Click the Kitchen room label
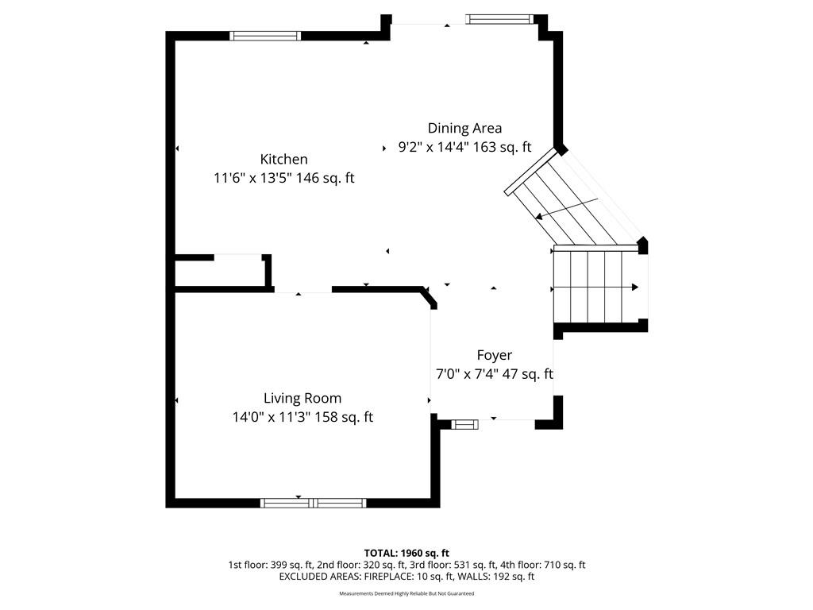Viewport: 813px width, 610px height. coord(283,159)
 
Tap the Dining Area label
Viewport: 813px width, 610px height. coord(464,128)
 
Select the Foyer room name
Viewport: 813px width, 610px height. coord(494,355)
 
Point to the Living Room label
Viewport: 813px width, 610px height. coord(302,399)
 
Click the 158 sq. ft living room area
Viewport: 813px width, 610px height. coord(344,417)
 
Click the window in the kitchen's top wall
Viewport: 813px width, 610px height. coord(265,36)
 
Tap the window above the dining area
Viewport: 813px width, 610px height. coord(500,19)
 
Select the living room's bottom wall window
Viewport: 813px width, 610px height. coord(313,503)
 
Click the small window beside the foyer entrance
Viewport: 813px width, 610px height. coord(464,425)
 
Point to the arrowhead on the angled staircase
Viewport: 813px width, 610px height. coord(540,216)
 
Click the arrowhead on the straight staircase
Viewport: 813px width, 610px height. coord(635,287)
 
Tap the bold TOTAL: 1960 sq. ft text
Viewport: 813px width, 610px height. coord(406,553)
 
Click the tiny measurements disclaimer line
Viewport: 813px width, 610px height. coord(406,593)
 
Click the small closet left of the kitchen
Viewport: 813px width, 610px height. coord(220,273)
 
